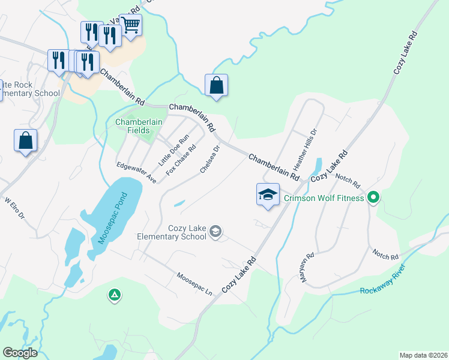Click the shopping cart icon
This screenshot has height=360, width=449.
[x=130, y=25]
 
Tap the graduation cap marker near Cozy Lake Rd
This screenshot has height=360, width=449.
[x=268, y=194]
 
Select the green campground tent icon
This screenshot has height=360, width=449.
[x=114, y=295]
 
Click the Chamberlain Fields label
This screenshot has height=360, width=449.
[x=139, y=126]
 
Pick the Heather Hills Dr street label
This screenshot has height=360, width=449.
[x=303, y=149]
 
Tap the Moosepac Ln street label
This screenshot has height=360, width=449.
[x=194, y=284]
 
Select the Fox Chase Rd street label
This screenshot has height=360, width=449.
[x=181, y=160]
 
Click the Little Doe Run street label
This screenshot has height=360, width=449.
[x=169, y=152]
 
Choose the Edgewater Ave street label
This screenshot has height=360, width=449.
[x=136, y=173]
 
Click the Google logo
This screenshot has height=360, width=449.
[x=20, y=353]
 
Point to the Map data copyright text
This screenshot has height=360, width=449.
[x=423, y=355]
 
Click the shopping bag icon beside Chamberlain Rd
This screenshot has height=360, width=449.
[x=216, y=85]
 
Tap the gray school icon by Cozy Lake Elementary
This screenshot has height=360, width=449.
[x=216, y=232]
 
